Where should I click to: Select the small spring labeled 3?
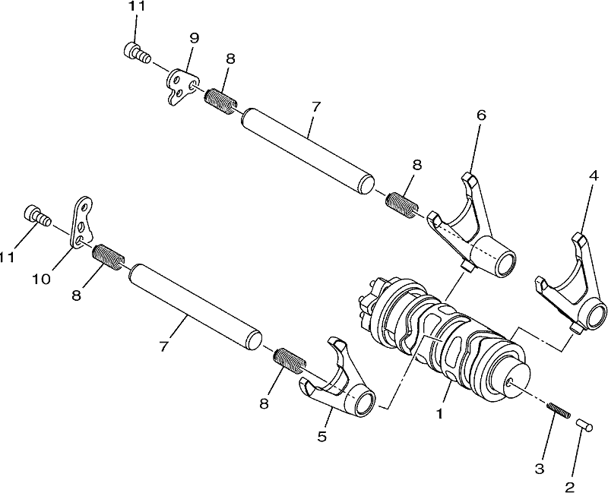(559, 410)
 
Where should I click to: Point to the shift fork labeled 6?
(473, 229)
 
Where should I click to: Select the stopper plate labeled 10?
(82, 222)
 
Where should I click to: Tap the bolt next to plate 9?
(137, 54)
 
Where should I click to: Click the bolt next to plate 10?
(37, 216)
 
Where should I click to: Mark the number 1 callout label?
(439, 414)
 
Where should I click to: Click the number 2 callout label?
(569, 486)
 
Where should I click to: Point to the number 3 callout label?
(540, 468)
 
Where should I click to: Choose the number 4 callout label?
(594, 176)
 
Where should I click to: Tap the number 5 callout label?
(321, 436)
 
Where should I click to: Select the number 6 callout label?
(481, 115)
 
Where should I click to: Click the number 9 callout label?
(194, 38)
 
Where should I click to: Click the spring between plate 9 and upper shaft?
(220, 101)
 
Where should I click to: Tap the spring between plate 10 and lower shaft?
(109, 256)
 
